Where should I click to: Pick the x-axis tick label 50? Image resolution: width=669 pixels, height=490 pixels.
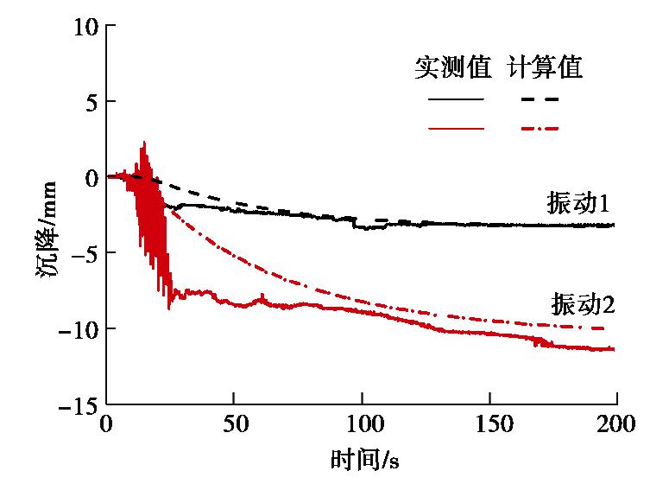[x=234, y=425]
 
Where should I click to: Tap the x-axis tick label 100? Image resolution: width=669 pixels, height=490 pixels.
[x=362, y=425]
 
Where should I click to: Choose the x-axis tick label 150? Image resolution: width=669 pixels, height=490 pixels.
[x=489, y=425]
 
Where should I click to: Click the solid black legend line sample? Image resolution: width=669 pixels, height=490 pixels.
[x=456, y=99]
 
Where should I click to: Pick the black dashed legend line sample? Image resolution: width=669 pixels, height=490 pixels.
[x=540, y=99]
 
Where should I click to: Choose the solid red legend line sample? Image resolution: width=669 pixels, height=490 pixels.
[x=456, y=129]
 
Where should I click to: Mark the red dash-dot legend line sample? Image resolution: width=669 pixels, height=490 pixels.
[x=540, y=129]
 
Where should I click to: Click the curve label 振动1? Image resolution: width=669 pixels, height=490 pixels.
[x=578, y=204]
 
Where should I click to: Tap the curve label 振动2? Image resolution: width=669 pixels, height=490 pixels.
[x=582, y=304]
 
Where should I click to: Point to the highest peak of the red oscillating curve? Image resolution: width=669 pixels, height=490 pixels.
[x=144, y=142]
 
